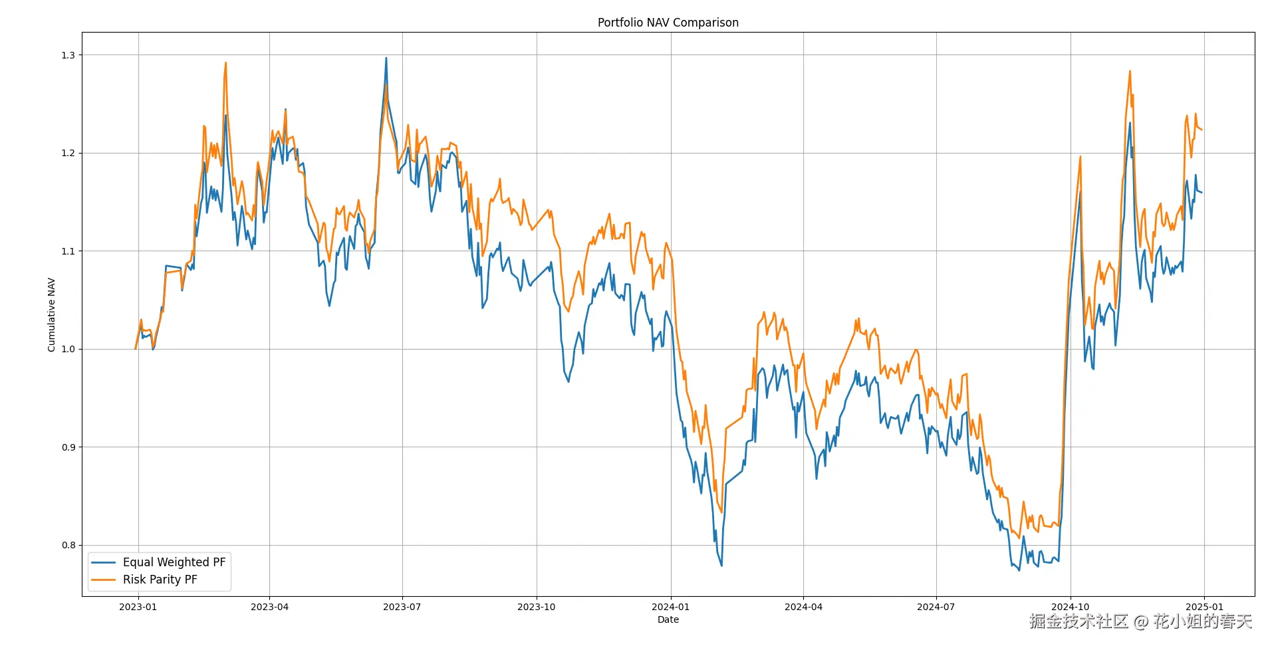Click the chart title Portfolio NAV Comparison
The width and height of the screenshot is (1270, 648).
(x=668, y=23)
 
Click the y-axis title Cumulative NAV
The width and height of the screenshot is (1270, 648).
(x=51, y=314)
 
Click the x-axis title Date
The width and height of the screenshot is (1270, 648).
(x=668, y=619)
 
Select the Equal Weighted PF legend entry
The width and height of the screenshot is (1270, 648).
(x=174, y=562)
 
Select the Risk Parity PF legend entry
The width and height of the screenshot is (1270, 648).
(x=160, y=580)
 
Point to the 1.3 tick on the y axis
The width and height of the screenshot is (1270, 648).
(x=68, y=55)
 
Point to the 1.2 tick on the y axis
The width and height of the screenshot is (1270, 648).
(x=68, y=153)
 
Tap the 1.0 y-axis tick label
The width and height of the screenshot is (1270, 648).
(x=68, y=349)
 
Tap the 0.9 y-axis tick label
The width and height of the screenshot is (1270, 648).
(x=68, y=447)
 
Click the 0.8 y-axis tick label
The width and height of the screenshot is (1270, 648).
(x=68, y=545)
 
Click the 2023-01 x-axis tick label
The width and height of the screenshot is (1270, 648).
(x=138, y=607)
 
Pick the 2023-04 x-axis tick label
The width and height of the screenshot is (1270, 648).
(x=269, y=607)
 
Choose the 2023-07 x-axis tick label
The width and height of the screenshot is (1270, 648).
(x=402, y=607)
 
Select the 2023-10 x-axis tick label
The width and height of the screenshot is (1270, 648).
(x=536, y=607)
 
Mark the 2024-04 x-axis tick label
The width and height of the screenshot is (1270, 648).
(x=803, y=607)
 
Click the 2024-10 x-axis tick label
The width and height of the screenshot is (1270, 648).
(x=1070, y=607)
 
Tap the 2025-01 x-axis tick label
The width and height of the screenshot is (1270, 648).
(x=1204, y=607)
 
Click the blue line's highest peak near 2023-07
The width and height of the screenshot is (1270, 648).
(x=386, y=58)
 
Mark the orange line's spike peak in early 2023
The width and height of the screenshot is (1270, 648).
(x=225, y=63)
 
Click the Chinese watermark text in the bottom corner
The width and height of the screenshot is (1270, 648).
(x=1140, y=621)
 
